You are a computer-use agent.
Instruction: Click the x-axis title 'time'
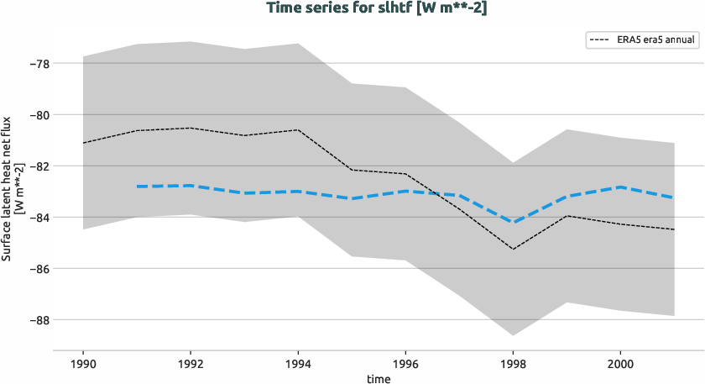pos(378,378)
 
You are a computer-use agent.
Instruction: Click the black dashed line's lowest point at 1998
pos(513,249)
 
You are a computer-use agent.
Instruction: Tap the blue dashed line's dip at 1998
pos(513,222)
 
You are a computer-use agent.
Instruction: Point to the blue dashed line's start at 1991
pos(137,187)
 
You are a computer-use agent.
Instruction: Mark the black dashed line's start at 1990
pos(83,143)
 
